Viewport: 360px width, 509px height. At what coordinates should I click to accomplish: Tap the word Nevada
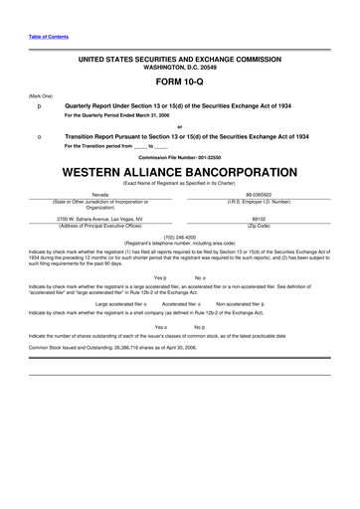point(100,195)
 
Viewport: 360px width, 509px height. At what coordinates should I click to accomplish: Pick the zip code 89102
point(260,217)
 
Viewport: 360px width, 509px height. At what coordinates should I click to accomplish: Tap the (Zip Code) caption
point(261,224)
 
